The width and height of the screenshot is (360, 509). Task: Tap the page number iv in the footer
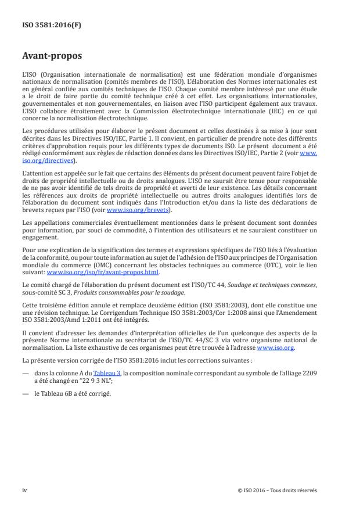coord(24,490)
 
